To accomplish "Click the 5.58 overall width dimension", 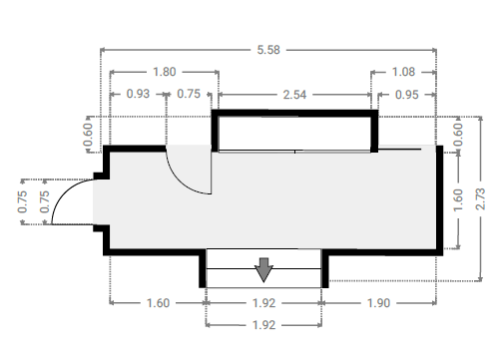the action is pos(268,50).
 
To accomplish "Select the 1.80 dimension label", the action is pos(164,72).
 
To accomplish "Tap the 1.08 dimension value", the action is pos(403,72).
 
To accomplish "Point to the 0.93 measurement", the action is pos(138,94).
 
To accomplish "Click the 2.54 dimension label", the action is pos(294,95).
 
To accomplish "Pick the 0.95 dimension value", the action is pos(406,95).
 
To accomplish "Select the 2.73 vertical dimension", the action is pos(480,198).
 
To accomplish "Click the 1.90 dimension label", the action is pos(378,303).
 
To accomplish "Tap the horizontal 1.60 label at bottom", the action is pos(159,303).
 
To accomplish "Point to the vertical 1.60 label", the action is pos(458,199).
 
